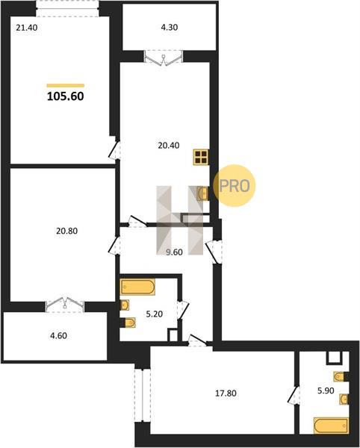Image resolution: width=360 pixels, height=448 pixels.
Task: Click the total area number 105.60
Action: click(x=66, y=96)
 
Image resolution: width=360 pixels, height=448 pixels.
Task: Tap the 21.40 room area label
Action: click(x=27, y=28)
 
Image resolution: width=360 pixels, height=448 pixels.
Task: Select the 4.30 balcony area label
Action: click(x=170, y=28)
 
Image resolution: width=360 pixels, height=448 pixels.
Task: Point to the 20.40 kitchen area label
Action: click(x=169, y=146)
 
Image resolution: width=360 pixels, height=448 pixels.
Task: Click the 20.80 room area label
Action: click(x=66, y=231)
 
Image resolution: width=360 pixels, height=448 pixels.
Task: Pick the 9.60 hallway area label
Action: click(x=174, y=252)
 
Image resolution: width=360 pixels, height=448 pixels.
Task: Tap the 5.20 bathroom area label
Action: click(x=155, y=314)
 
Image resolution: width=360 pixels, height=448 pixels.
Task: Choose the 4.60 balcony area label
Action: click(x=58, y=335)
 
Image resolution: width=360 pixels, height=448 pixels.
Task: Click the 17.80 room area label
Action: click(x=226, y=393)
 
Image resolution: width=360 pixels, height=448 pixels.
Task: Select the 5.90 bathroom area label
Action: click(x=326, y=391)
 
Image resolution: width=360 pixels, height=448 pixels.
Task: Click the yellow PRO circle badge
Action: click(x=235, y=186)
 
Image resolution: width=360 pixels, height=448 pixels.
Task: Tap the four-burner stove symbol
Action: click(x=201, y=157)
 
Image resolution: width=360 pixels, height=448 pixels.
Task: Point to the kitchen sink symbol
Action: click(x=203, y=193)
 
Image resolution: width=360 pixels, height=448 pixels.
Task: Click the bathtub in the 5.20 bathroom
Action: click(x=137, y=287)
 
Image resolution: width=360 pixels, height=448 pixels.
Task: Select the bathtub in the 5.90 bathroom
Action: click(x=331, y=426)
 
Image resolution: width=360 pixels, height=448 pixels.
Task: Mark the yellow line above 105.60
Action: click(x=66, y=85)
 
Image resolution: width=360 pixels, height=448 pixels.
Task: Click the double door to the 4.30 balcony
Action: click(x=164, y=57)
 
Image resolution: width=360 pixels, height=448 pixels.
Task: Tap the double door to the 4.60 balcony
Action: click(x=65, y=305)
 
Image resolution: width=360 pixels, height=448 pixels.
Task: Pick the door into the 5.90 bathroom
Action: click(x=294, y=395)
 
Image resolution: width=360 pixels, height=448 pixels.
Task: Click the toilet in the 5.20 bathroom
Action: click(x=129, y=323)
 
